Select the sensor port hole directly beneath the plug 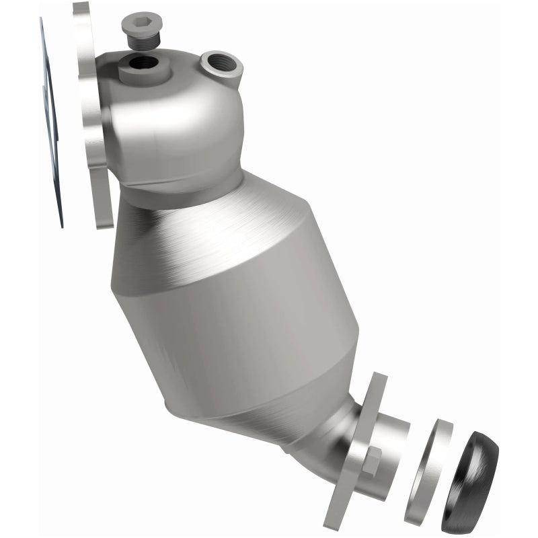(142, 66)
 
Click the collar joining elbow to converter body (182, 192)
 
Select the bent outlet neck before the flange (330, 437)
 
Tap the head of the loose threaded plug (140, 27)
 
